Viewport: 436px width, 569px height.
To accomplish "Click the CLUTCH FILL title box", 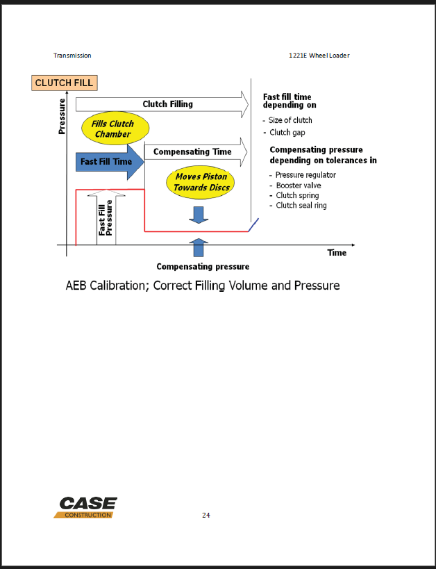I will coord(64,83).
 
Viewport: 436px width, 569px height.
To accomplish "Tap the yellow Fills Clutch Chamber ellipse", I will coord(113,129).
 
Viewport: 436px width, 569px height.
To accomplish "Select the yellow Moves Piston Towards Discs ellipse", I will coord(201,182).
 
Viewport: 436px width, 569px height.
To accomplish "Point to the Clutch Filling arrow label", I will coord(167,104).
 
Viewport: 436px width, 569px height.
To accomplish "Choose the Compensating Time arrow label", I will coord(192,151).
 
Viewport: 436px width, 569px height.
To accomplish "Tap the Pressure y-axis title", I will coord(62,117).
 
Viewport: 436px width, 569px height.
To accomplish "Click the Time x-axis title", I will coord(337,253).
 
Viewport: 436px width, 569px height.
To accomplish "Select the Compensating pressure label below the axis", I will coord(203,267).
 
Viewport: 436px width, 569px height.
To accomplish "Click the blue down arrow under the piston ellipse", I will coord(199,215).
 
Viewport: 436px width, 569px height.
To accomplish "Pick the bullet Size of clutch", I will coord(290,120).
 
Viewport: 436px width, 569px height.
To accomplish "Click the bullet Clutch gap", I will coord(287,133).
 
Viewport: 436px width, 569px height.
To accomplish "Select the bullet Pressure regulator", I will coord(305,176).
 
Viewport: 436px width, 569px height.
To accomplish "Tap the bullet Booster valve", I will coord(299,185).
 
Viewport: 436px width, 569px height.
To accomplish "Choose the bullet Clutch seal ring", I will coord(301,206).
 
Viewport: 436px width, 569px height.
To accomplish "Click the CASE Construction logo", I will coord(86,507).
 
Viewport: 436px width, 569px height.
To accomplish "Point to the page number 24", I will coord(206,516).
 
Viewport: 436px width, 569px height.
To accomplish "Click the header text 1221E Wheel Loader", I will coord(319,56).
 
